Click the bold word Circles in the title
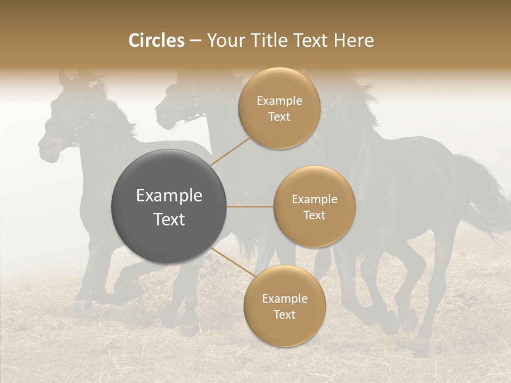click(x=156, y=40)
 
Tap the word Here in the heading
click(x=354, y=40)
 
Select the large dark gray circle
click(x=169, y=206)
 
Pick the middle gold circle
click(x=314, y=206)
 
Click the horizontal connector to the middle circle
click(x=250, y=206)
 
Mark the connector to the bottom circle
click(x=230, y=262)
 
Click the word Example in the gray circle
click(x=169, y=196)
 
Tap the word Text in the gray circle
click(x=169, y=219)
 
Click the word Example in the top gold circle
click(x=279, y=101)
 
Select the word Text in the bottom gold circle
click(x=284, y=315)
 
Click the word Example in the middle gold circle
click(x=314, y=199)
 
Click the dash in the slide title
click(x=195, y=41)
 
